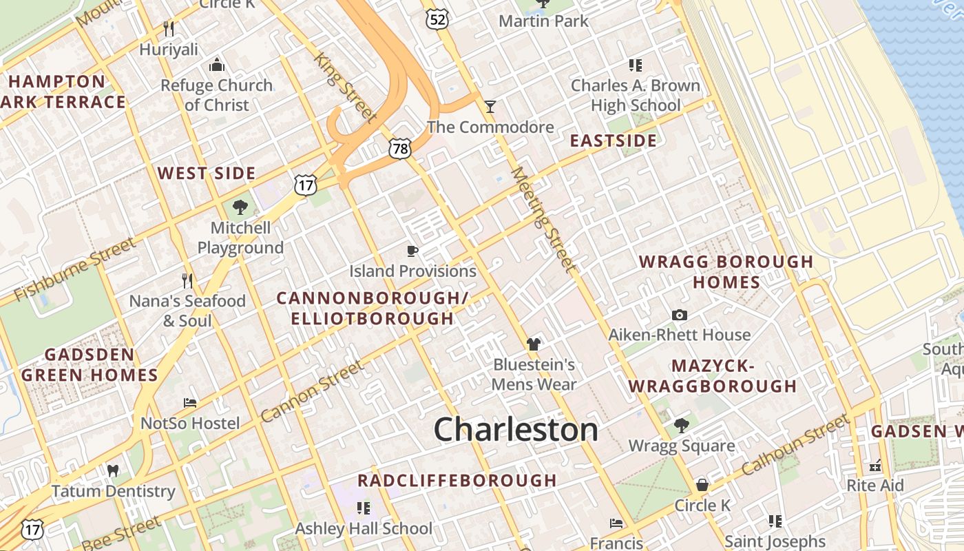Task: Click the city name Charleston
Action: pos(516,430)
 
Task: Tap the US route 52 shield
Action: pos(437,19)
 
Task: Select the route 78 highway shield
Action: pos(399,148)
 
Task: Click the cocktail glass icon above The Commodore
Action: pos(490,107)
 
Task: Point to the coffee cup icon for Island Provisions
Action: pos(412,251)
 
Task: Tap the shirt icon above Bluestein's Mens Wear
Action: pos(533,344)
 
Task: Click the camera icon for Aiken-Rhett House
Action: pos(680,315)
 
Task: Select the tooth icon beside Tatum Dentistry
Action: pos(113,471)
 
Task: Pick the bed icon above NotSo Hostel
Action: pos(190,403)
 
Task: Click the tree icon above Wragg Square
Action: pos(682,426)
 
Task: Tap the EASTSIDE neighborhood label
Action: pos(614,141)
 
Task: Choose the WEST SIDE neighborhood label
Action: pos(207,173)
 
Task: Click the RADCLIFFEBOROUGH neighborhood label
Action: pos(457,480)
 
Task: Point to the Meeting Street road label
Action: pos(543,218)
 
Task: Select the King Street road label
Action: pos(345,87)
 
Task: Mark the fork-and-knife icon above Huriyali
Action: pos(169,29)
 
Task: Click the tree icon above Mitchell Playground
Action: pos(240,207)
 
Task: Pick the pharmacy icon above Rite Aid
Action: pos(875,466)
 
